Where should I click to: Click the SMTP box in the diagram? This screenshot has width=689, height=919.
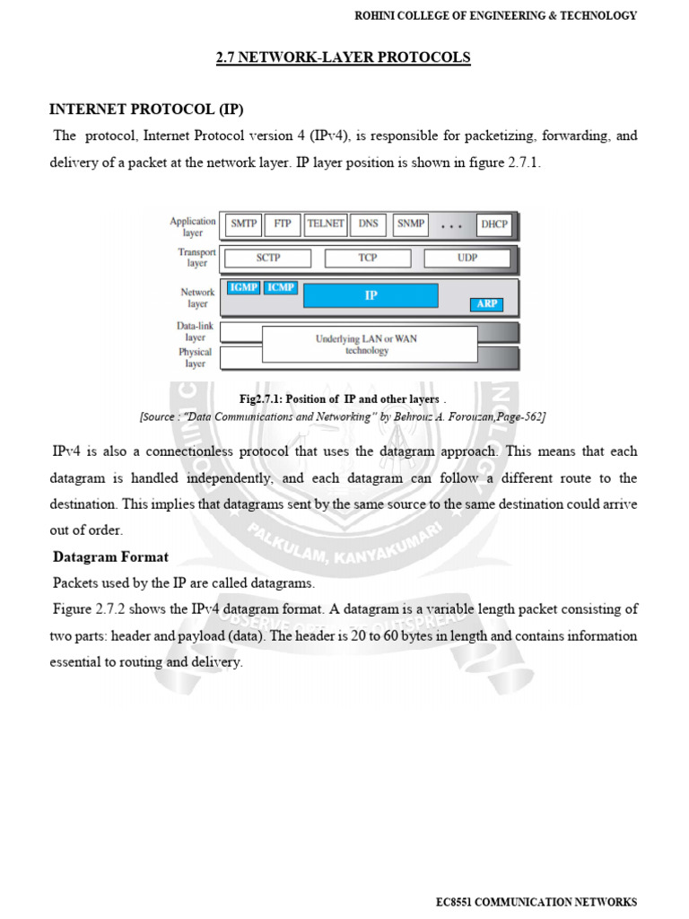[244, 224]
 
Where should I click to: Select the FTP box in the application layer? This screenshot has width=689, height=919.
[283, 224]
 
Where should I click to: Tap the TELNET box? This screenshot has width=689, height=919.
[326, 224]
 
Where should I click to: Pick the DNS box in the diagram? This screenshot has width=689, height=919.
[368, 224]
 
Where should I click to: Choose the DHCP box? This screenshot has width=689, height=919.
[493, 224]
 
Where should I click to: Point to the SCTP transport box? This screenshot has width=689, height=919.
[267, 258]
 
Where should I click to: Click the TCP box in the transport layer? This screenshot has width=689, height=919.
[368, 258]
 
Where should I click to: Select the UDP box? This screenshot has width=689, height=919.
[467, 258]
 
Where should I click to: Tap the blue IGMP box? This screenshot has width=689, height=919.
[243, 288]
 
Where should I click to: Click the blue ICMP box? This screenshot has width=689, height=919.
[281, 288]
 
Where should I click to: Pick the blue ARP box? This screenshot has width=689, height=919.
[486, 305]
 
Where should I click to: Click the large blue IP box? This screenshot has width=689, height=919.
[371, 295]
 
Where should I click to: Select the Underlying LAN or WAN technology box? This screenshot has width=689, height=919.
[369, 345]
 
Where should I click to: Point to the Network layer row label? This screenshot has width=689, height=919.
[197, 298]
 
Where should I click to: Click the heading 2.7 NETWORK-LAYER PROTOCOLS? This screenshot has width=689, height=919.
[344, 57]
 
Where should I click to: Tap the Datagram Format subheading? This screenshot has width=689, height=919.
[110, 557]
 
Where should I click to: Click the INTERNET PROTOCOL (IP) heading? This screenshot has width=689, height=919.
[145, 109]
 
